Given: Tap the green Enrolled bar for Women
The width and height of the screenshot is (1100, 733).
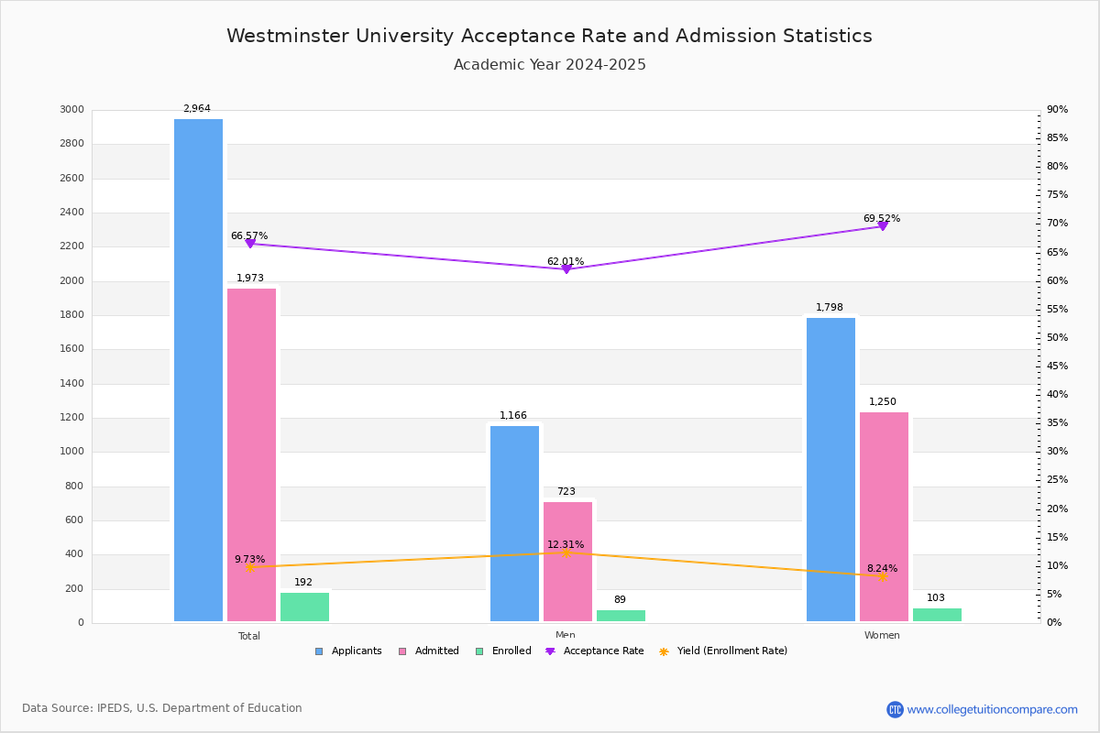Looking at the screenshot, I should [937, 615].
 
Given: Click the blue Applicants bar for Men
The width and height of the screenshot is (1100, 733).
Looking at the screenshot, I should [514, 523].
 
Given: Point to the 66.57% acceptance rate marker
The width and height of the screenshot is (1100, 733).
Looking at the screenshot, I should [250, 244].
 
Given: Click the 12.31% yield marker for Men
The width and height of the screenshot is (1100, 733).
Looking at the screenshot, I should [566, 552].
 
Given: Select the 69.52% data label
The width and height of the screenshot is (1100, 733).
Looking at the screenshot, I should [881, 219].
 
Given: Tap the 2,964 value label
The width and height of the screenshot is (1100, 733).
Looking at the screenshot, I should [196, 109].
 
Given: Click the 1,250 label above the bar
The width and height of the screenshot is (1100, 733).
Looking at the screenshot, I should [883, 402].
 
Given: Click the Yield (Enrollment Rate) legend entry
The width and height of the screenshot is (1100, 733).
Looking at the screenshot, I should [731, 651].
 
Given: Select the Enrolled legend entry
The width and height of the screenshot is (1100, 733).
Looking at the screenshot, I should [510, 651].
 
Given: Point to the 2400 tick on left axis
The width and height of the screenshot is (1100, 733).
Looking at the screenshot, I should [71, 213].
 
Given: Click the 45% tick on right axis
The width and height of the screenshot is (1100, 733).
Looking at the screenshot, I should [1057, 366].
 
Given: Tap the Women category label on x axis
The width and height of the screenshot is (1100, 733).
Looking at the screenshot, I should [882, 636].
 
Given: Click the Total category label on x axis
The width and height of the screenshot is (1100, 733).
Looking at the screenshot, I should [249, 636].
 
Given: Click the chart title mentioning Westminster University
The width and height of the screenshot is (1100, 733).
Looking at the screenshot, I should [549, 36].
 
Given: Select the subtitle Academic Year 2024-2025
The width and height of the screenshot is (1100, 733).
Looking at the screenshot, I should [549, 65].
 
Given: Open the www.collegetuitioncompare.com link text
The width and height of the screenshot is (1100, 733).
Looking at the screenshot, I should [992, 709].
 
